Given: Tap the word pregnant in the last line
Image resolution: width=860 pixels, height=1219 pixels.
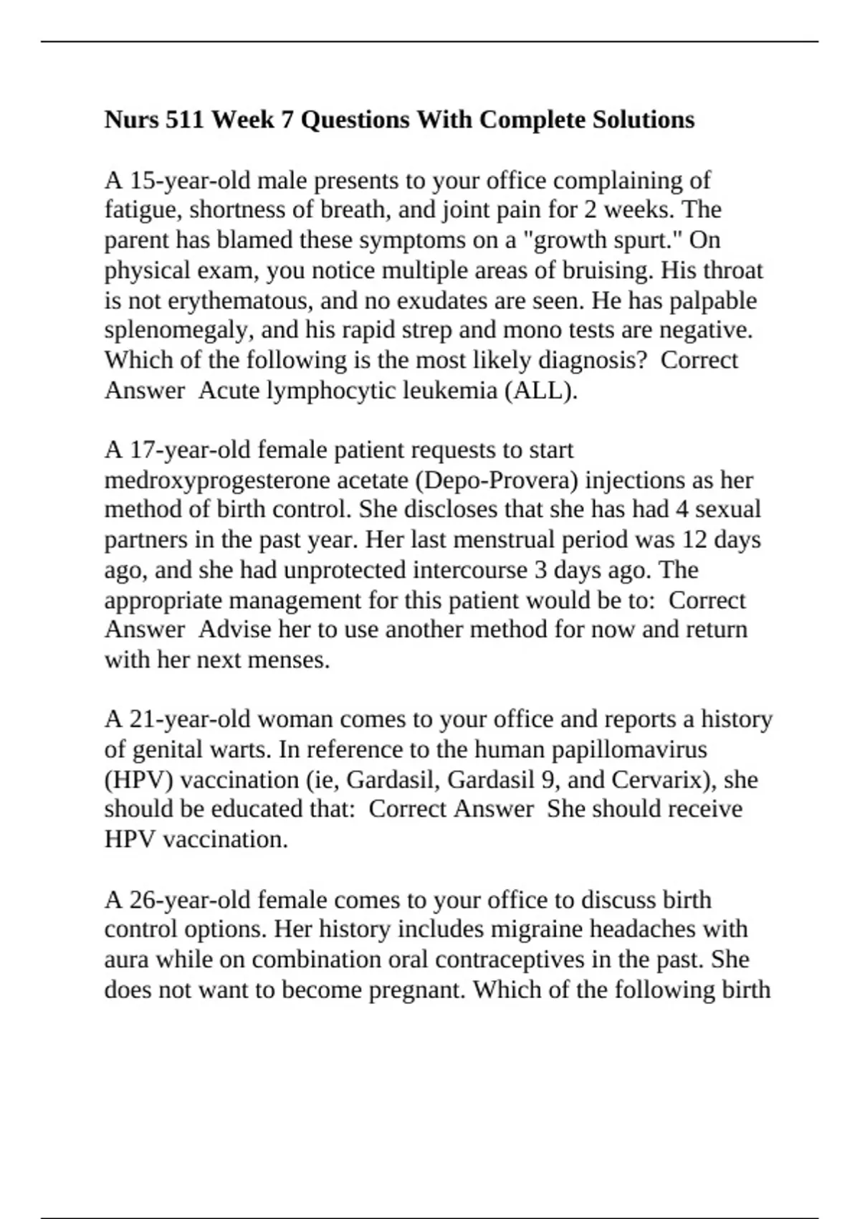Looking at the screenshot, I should pyautogui.click(x=416, y=990).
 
